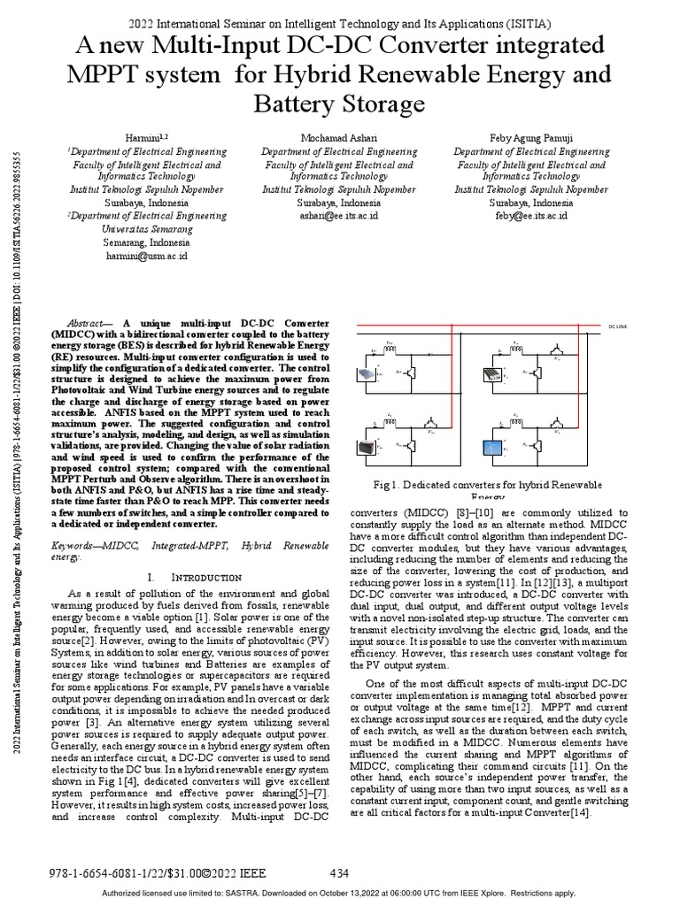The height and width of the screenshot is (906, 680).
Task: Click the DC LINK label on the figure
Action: click(616, 326)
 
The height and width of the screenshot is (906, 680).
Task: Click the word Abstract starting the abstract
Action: click(89, 325)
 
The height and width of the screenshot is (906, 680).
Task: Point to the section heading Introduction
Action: click(192, 577)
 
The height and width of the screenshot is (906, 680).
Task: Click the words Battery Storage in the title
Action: click(339, 104)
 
